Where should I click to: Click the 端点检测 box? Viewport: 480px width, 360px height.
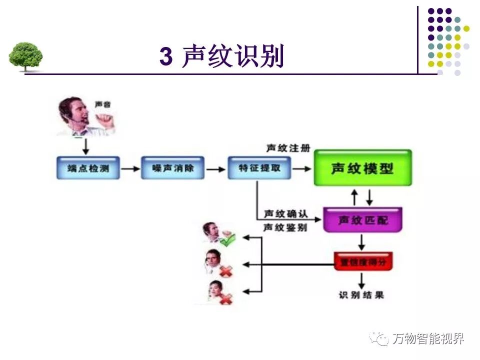click(87, 168)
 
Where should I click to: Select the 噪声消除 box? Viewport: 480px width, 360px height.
click(172, 168)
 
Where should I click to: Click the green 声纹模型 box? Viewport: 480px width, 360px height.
click(362, 168)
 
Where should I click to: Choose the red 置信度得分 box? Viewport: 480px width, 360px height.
click(363, 261)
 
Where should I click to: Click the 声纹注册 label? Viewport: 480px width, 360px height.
click(288, 148)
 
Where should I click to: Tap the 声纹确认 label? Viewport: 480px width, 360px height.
click(285, 214)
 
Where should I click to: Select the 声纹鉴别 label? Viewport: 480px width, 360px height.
click(285, 228)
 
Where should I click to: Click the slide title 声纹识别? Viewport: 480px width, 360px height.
click(233, 56)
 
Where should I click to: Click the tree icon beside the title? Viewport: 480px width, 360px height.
click(25, 56)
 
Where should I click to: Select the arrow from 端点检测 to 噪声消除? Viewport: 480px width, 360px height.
click(130, 168)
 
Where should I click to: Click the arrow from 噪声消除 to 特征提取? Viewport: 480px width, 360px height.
click(216, 168)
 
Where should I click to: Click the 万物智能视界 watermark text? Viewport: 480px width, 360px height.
click(427, 338)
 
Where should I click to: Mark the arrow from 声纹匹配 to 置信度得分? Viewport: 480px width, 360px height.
click(361, 242)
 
